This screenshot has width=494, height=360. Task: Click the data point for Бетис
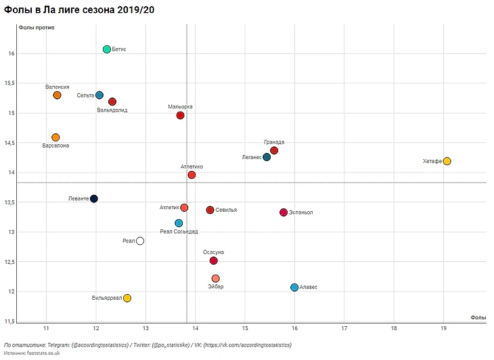[x=107, y=49]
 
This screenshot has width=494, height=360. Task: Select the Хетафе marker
[x=447, y=161]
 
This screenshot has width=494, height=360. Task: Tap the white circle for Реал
[x=140, y=241]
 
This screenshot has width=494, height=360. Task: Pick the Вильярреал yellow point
[x=127, y=298]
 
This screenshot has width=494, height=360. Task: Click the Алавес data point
[x=294, y=288]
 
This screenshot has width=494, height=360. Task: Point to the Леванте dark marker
[x=94, y=199]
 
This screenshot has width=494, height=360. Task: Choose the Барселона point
[x=56, y=137]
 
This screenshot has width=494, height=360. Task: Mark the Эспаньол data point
[x=284, y=212]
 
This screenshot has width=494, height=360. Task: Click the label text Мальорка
[x=181, y=107]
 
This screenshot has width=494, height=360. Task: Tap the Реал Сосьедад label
[x=179, y=231]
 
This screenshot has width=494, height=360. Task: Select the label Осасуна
[x=214, y=252]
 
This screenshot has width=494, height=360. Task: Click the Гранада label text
[x=274, y=142]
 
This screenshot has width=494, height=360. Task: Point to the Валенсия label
[x=58, y=87]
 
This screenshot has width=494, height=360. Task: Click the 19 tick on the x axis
[x=444, y=328]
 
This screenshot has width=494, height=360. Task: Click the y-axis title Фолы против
[x=37, y=28]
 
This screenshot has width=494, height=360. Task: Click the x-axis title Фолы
[x=478, y=317]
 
